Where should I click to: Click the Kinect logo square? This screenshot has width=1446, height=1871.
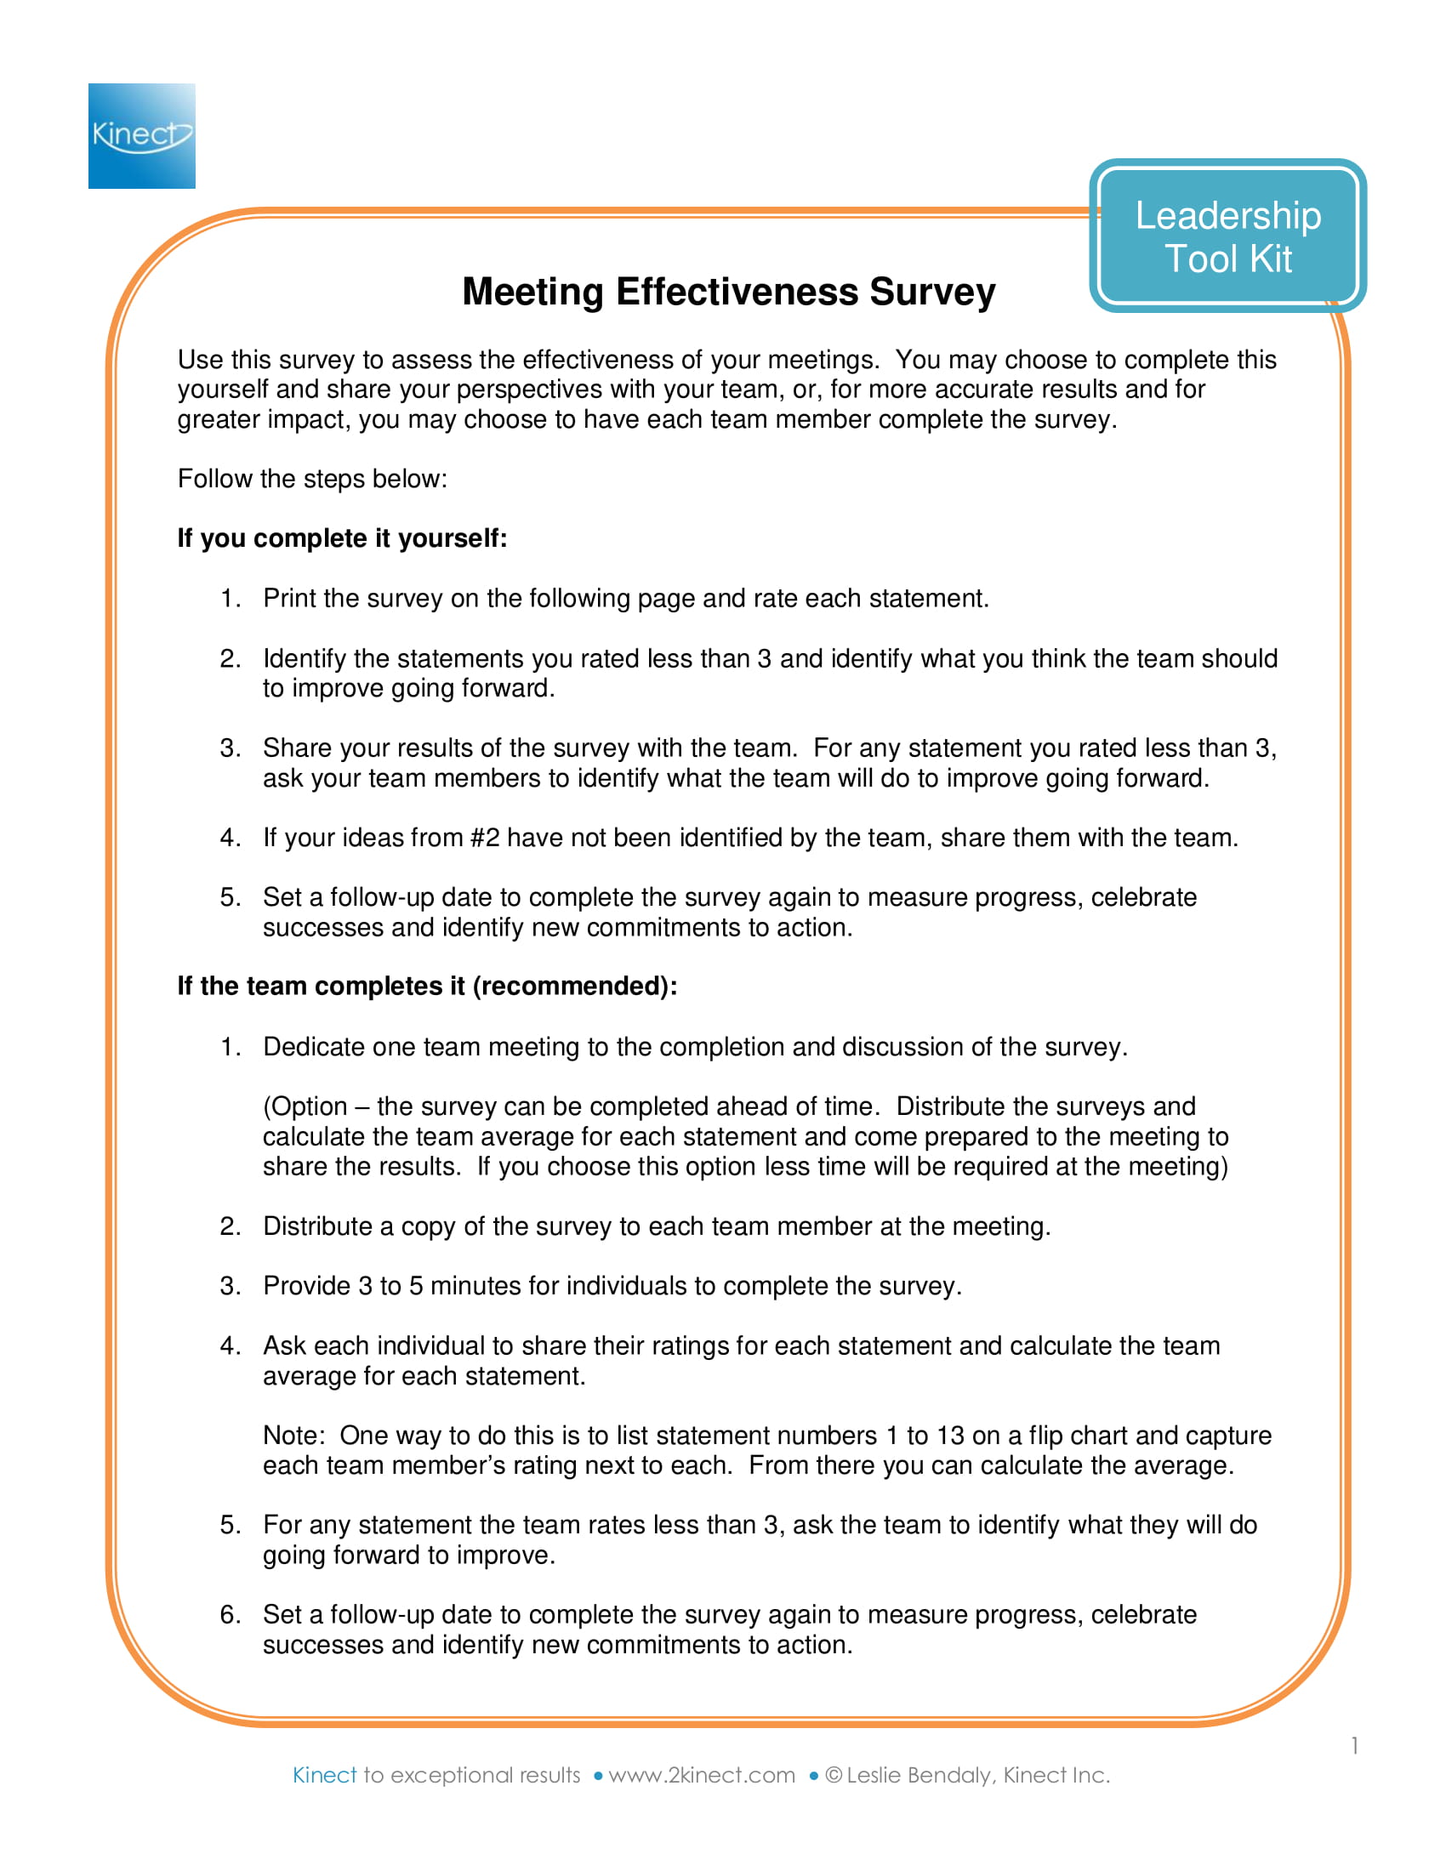141,135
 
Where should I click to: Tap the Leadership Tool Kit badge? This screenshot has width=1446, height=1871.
1227,236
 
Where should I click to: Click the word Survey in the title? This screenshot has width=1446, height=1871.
932,292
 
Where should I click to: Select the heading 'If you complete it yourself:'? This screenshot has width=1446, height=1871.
342,538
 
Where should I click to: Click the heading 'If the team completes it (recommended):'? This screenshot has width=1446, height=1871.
427,986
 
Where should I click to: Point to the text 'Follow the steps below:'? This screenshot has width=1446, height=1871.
312,478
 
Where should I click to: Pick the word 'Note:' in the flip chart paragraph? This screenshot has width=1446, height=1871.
293,1435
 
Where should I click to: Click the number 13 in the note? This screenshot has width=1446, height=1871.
950,1435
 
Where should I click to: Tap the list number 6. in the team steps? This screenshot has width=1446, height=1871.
230,1615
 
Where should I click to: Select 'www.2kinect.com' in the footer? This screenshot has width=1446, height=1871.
701,1775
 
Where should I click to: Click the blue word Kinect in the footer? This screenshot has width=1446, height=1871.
324,1775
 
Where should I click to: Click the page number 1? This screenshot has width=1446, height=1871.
1354,1746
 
